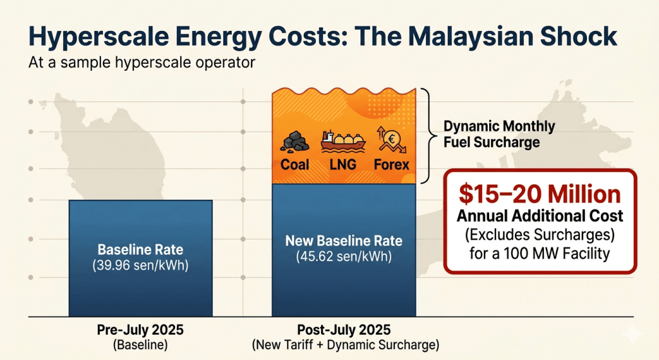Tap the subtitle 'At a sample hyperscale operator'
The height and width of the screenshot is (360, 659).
(142, 62)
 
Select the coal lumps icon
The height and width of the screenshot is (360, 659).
(295, 141)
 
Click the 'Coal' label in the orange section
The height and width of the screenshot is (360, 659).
(295, 164)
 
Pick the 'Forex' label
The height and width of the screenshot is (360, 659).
(391, 164)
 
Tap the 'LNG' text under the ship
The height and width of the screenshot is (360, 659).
(343, 164)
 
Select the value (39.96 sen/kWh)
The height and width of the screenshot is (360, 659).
(140, 265)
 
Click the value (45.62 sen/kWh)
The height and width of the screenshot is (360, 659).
(344, 256)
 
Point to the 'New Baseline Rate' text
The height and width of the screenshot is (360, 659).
(344, 241)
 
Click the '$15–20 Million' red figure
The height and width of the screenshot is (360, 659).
(540, 194)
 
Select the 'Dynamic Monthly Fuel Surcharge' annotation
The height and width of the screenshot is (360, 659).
(499, 134)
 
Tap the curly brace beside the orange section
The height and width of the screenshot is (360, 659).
(428, 136)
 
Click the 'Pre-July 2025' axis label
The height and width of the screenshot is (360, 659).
(140, 330)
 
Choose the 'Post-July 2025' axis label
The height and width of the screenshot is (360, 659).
(344, 330)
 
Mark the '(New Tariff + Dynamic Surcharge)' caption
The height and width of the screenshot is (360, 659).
(346, 345)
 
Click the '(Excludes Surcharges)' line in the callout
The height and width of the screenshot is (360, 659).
(540, 234)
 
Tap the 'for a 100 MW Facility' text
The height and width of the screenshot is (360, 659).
(540, 254)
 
